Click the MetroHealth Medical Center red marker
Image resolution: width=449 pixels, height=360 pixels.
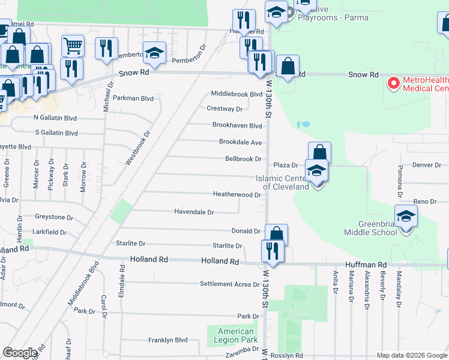point(394,83)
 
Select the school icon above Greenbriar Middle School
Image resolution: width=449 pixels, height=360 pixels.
point(406,216)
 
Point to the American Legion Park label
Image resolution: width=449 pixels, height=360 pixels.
point(235,335)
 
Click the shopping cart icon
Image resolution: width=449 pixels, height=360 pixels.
point(73,45)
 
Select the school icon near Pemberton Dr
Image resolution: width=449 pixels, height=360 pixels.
point(154,53)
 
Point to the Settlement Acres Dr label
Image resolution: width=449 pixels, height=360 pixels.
point(229,284)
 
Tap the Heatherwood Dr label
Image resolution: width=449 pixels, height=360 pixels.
point(237,194)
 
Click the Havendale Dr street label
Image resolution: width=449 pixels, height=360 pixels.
point(194,212)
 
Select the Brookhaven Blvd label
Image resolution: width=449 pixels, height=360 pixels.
point(237,125)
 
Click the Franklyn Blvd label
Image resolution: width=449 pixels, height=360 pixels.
point(168,340)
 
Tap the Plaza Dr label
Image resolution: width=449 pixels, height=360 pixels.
point(286,165)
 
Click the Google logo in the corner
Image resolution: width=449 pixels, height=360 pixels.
point(20,353)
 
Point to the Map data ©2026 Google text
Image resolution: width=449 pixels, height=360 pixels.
point(412,355)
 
